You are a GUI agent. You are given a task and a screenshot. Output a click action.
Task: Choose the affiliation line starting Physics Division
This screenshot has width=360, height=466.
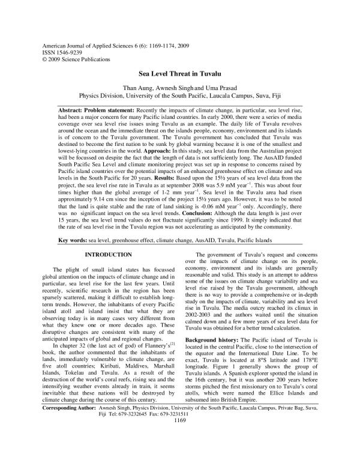(179, 95)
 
